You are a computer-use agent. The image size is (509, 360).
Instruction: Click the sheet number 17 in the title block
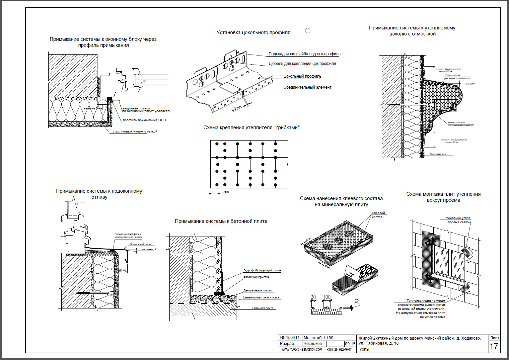point(494,346)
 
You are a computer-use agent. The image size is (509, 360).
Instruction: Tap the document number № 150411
point(290,338)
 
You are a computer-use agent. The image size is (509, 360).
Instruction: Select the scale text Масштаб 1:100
point(318,338)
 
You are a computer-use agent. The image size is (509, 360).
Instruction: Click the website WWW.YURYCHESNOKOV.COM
point(302,350)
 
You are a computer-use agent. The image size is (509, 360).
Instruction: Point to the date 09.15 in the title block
point(350,344)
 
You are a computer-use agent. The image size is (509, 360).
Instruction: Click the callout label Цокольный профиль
point(302,76)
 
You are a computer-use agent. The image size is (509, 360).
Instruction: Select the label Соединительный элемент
point(307,87)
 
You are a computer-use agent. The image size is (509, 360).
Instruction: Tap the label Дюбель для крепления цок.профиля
point(302,64)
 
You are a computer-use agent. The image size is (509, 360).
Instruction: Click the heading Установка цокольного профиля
point(253,32)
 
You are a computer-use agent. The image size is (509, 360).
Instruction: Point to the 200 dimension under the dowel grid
point(226,192)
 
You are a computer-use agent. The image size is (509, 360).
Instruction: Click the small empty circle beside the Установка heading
point(308,30)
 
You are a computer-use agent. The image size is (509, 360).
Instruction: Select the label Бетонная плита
point(263,308)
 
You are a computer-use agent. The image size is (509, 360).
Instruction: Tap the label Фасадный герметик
point(256,277)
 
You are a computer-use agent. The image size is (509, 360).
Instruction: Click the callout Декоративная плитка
point(258,290)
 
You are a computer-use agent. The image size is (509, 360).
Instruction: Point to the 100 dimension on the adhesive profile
point(327,297)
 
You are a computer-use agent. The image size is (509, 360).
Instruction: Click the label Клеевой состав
point(378,215)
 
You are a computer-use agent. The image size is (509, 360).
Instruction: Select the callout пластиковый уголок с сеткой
point(134,131)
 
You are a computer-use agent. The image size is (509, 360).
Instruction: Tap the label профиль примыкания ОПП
point(144,120)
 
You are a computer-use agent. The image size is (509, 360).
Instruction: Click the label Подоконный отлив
point(141,245)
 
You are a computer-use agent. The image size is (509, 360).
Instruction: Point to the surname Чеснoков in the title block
point(312,344)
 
